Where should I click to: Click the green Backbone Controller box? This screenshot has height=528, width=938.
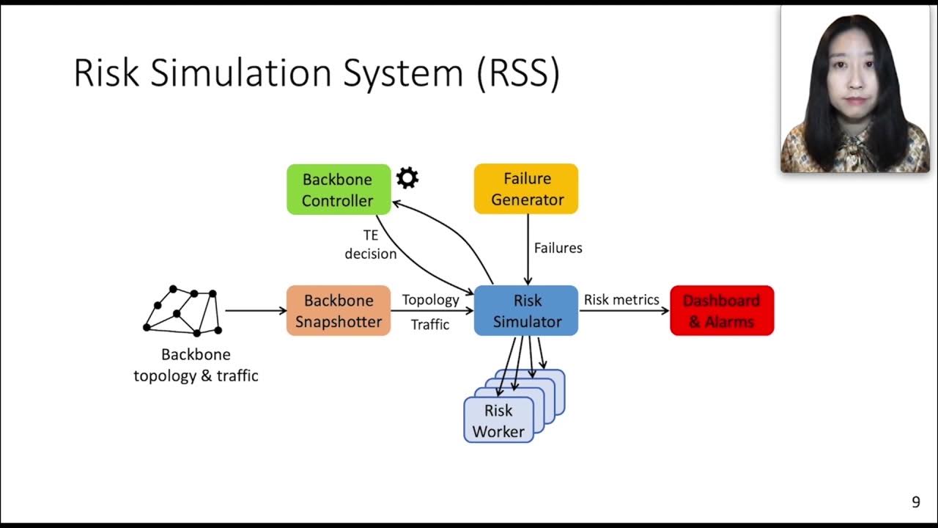point(338,189)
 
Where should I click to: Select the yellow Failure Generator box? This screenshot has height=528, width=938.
point(526,188)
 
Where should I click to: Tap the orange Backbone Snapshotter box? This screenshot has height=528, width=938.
point(338,311)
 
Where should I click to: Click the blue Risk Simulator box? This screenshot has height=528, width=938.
point(526,311)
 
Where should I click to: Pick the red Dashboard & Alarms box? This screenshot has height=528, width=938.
point(722,311)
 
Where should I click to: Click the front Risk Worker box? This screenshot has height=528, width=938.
point(498,420)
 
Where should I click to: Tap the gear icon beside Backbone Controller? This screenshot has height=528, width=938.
point(407,177)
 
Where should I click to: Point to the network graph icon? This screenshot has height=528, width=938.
point(182,311)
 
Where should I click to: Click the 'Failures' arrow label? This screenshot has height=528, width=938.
point(558,248)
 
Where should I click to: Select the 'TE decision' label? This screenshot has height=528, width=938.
point(371,244)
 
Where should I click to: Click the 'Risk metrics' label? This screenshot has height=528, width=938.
point(621,300)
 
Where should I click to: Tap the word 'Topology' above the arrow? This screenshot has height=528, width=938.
point(430,300)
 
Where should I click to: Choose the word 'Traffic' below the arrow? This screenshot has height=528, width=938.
point(430,324)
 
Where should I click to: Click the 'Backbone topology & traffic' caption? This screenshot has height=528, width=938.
point(196,365)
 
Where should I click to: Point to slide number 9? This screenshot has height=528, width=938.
point(915,502)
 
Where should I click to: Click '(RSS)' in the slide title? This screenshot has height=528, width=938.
point(518,73)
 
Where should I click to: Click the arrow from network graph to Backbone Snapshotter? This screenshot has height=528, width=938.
point(255,311)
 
